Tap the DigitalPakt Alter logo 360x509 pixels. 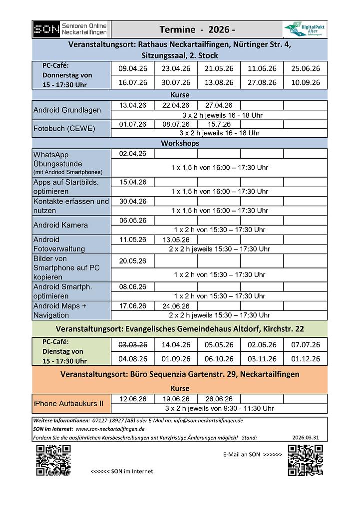[x=305, y=29]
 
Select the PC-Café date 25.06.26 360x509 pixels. [x=305, y=69]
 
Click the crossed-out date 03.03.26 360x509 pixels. [x=133, y=345]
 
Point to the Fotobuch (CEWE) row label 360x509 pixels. [x=64, y=128]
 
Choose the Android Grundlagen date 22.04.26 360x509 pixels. [x=176, y=105]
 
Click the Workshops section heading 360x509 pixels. [x=180, y=143]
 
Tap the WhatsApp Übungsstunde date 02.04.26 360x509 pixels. [x=133, y=154]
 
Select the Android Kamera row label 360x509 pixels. [x=60, y=225]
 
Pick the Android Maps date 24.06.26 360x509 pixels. [x=176, y=306]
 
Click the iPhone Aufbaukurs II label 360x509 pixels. [x=68, y=403]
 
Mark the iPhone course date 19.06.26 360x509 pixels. [x=176, y=399]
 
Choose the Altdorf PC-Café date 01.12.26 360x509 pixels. [x=305, y=359]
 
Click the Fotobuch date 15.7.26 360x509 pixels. [x=219, y=124]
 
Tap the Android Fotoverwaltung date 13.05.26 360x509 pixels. [x=176, y=240]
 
